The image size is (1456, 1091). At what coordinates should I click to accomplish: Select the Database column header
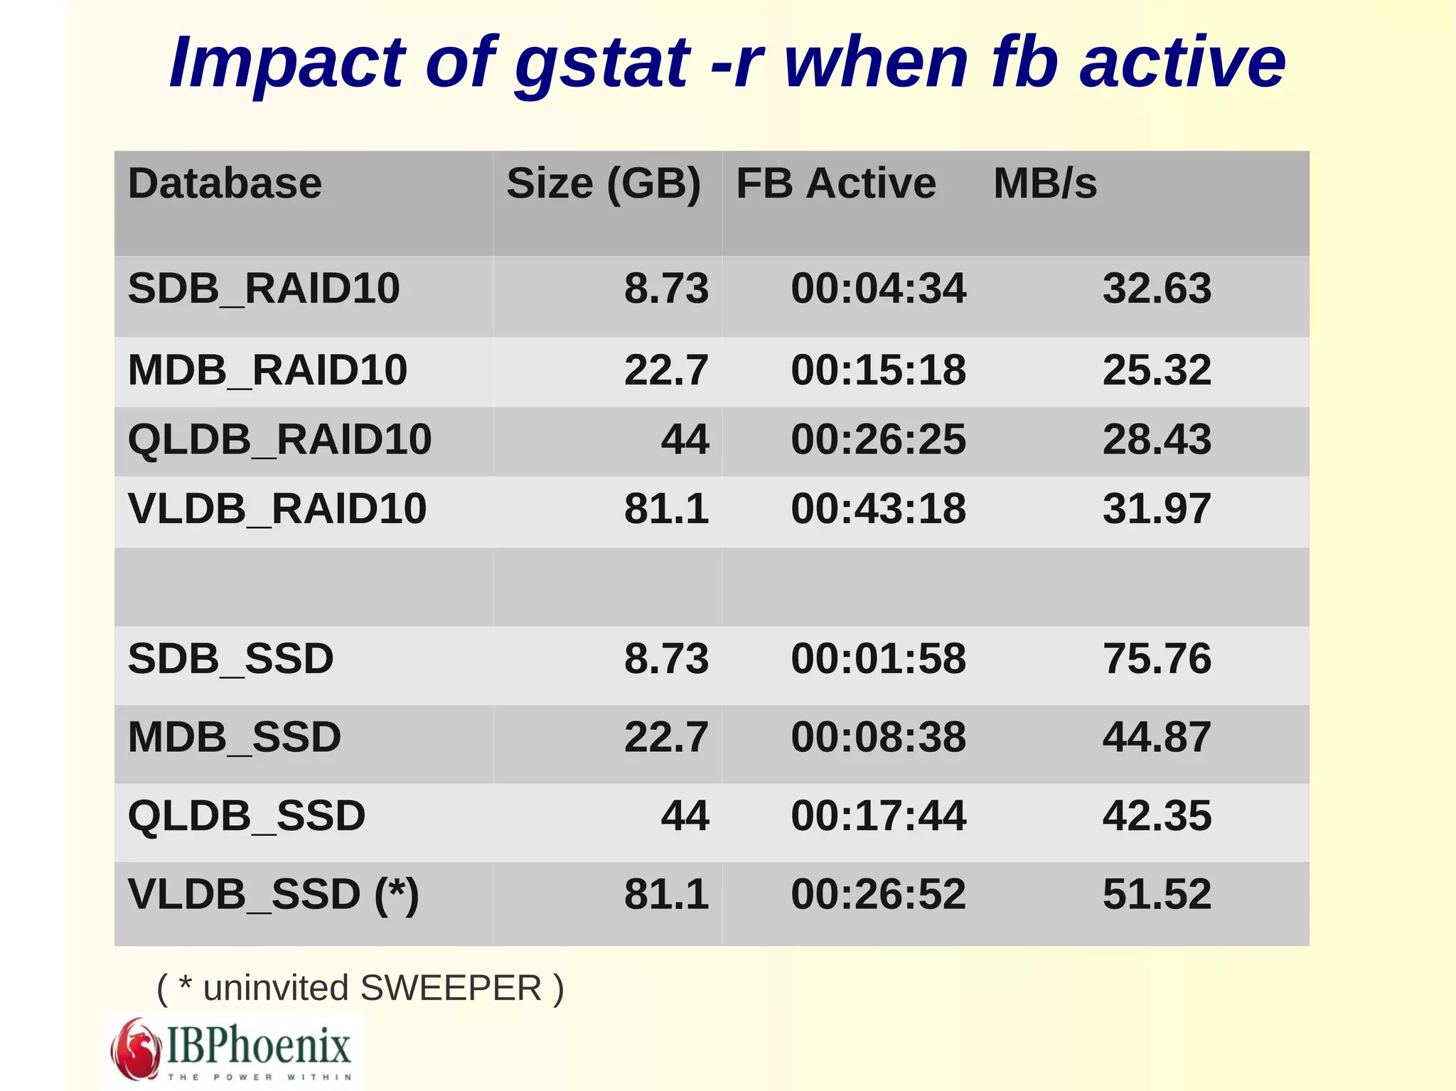point(225,183)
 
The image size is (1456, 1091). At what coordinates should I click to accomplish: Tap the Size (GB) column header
point(604,183)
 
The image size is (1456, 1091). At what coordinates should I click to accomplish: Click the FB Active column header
point(836,183)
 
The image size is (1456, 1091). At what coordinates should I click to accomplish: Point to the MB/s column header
point(1045,183)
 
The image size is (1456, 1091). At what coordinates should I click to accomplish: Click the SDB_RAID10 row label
point(264,289)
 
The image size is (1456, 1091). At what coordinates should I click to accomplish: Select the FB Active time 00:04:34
point(879,289)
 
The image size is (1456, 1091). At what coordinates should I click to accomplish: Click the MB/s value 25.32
point(1157,370)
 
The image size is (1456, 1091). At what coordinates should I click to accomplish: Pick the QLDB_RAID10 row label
point(279,439)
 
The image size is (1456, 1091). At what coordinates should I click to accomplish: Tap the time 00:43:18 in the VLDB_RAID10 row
point(879,509)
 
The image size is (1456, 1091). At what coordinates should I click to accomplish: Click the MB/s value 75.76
point(1157,658)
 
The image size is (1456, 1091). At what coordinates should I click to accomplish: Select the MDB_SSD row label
point(235,737)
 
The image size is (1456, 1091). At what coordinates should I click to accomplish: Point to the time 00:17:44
point(879,815)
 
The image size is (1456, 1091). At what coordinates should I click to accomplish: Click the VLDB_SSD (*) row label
point(273,894)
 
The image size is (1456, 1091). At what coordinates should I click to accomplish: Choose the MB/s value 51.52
point(1157,894)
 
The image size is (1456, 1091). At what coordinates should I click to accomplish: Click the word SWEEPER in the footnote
point(451,988)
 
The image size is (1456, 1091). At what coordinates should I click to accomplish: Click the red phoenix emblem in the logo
point(135,1049)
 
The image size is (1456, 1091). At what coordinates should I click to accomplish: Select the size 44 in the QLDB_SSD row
point(685,815)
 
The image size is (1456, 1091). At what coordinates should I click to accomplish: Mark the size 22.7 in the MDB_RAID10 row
point(666,370)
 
